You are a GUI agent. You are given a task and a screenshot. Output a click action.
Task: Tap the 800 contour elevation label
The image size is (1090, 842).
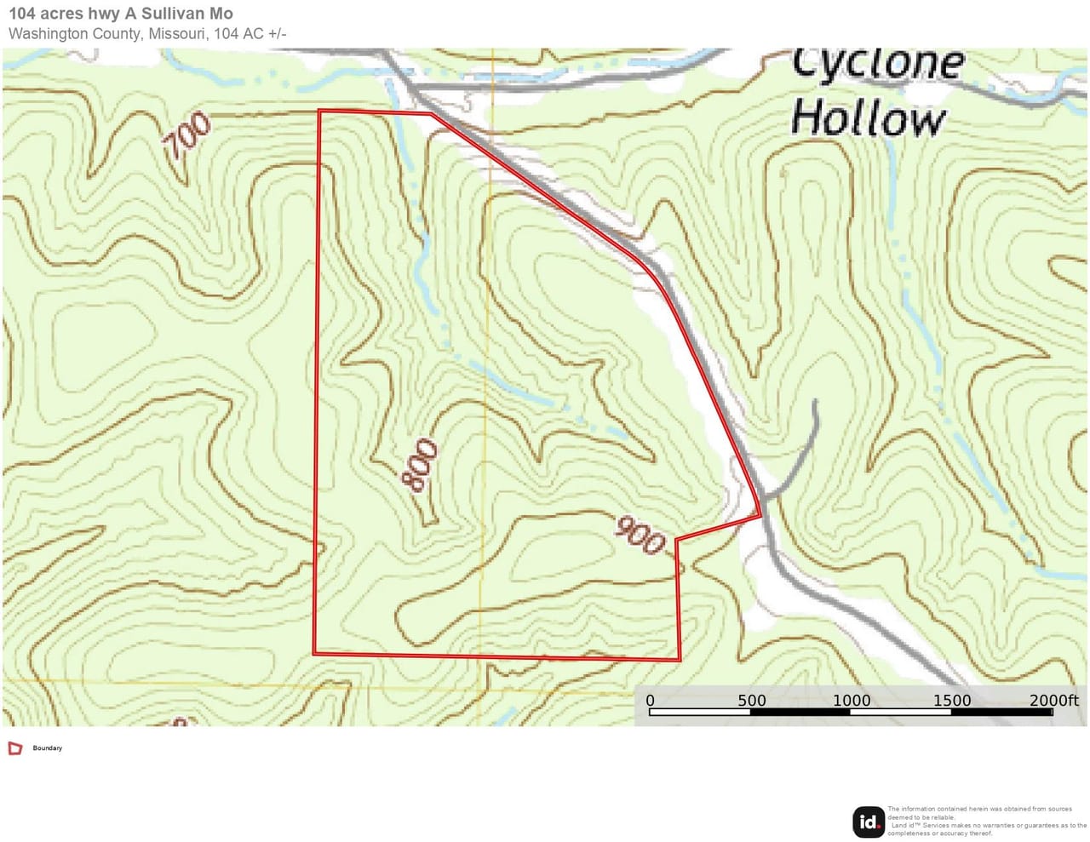click(420, 465)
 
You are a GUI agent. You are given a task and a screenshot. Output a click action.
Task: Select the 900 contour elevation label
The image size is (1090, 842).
click(640, 536)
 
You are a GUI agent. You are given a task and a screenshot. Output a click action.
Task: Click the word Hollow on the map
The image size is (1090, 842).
click(868, 118)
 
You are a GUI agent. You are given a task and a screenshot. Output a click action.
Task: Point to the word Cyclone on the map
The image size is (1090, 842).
click(878, 64)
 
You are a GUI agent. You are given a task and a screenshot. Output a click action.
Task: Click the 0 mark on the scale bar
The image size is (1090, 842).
click(651, 701)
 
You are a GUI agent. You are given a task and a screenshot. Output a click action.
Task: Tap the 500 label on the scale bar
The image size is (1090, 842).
click(751, 701)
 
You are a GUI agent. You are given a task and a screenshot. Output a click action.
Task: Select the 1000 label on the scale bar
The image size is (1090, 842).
click(852, 701)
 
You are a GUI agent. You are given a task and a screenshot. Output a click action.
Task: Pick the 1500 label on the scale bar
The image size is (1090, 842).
click(951, 701)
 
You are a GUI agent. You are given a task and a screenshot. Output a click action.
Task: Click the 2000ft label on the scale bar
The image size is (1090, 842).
click(1053, 701)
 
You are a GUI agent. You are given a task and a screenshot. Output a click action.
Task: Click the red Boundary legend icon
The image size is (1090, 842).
click(14, 748)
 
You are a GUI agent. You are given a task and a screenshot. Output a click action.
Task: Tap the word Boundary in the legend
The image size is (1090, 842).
click(48, 748)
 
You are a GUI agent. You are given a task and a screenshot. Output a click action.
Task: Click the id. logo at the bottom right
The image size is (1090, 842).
click(869, 822)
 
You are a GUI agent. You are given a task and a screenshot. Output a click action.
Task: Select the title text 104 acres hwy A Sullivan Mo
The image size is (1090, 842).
click(120, 14)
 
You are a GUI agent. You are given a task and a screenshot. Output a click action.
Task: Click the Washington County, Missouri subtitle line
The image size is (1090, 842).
click(147, 34)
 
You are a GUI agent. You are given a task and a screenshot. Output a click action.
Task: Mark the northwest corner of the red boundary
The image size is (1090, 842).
click(319, 111)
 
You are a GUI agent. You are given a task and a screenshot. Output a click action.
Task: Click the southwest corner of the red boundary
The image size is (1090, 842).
click(315, 653)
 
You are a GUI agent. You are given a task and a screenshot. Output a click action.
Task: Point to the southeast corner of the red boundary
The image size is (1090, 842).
click(680, 659)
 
